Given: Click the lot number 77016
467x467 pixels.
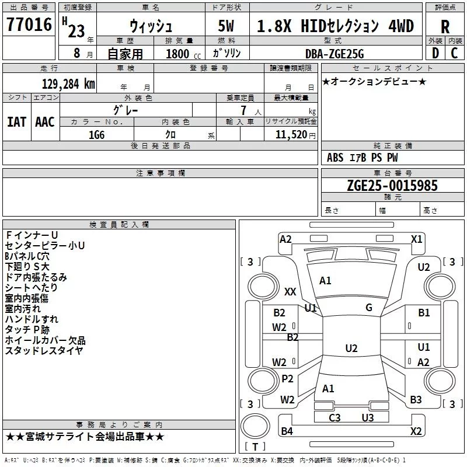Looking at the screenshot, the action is [29, 25].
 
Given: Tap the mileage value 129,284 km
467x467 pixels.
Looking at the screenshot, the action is [68, 83].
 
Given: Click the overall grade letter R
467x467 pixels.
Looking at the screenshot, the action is [445, 26].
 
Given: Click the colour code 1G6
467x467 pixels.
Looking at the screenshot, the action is [96, 134].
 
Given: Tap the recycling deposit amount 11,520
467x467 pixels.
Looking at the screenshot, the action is [288, 134].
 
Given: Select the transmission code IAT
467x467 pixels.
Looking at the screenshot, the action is [16, 122].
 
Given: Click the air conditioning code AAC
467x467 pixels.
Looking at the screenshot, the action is [45, 122].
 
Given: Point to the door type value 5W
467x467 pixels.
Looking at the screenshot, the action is [226, 26].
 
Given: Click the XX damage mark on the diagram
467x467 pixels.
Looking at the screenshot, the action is [290, 291].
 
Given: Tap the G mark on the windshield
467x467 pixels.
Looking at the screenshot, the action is [369, 308].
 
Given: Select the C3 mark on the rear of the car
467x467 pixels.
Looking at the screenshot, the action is [334, 417].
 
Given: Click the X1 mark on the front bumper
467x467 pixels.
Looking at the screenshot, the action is [416, 239].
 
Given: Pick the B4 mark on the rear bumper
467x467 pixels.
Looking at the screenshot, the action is [287, 431].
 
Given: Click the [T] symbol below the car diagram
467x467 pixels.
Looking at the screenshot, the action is [255, 447].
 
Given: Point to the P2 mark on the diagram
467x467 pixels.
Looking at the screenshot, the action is [287, 379].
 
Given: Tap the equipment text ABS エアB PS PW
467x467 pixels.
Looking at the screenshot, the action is [363, 158].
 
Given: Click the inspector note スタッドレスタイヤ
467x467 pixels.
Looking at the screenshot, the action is [44, 350].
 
